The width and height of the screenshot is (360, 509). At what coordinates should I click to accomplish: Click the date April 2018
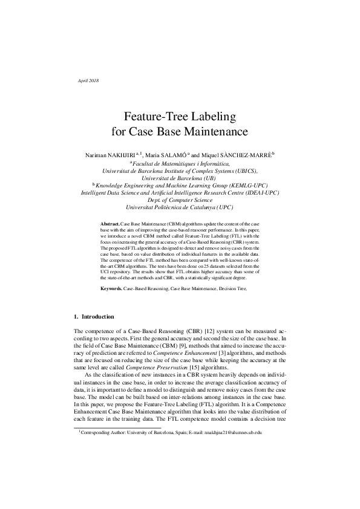89,80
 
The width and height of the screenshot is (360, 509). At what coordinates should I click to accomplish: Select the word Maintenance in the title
214,131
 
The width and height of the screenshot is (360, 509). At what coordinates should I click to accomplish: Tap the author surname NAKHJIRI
114,155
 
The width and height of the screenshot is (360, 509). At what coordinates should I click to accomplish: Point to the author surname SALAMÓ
187,155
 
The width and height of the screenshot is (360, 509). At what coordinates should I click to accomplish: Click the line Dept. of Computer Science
180,199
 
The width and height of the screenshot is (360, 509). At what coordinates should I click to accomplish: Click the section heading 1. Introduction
94,316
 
